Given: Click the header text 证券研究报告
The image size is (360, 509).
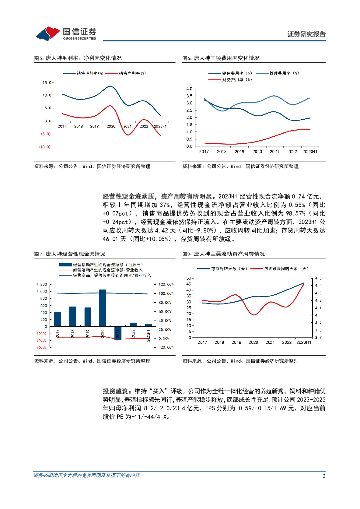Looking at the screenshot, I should point(307,34).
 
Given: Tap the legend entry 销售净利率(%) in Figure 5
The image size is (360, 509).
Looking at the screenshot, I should point(132,73).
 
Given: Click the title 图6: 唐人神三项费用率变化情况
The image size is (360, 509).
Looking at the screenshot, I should point(221,58).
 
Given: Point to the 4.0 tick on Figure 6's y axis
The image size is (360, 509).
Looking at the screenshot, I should point(188,89).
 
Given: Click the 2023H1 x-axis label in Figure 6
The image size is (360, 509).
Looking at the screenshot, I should point(310,151).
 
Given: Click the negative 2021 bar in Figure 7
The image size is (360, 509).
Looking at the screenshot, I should point(118,333).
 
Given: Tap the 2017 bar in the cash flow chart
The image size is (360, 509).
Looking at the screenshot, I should point(57,319).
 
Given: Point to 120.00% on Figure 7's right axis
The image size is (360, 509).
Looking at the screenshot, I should point(165,284).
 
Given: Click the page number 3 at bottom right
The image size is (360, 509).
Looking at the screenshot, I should point(324,476).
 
